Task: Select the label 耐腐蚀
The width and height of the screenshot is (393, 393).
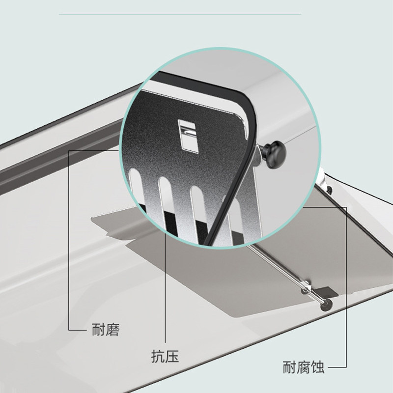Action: click(x=303, y=367)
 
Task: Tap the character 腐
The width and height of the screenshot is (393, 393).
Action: click(x=303, y=367)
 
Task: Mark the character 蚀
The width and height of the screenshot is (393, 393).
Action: click(x=317, y=367)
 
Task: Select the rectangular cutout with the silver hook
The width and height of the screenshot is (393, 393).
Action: click(x=187, y=134)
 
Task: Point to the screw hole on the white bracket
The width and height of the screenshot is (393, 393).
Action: click(x=329, y=190)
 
